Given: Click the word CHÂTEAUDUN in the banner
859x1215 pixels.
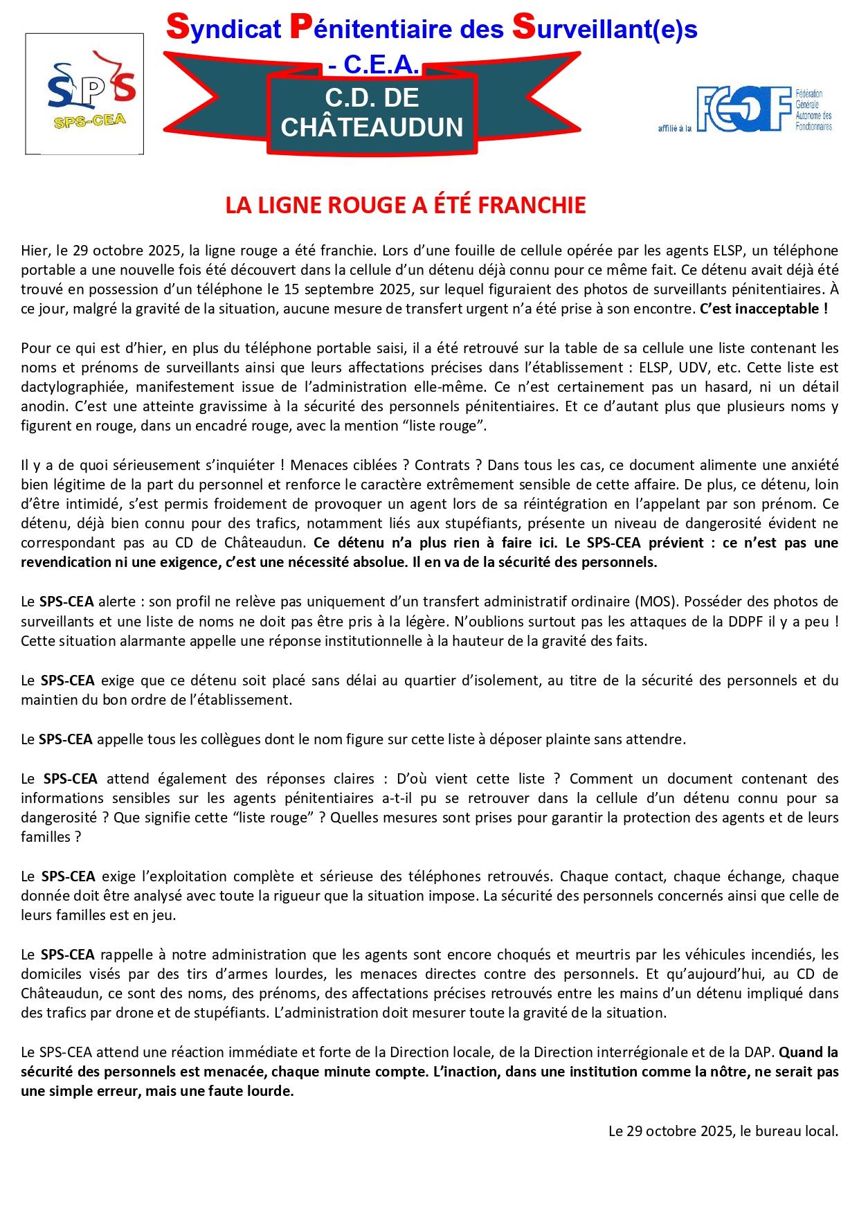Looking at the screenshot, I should [x=372, y=127].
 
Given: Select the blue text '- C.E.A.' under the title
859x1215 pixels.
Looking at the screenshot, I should [x=374, y=65].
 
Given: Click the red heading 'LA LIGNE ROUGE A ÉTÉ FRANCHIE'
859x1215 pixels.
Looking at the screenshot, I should [x=406, y=205].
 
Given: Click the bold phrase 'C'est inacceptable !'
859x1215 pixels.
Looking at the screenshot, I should [x=763, y=309].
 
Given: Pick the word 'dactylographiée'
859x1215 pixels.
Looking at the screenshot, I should [x=66, y=386].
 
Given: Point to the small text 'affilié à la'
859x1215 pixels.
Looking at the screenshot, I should [x=674, y=128].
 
